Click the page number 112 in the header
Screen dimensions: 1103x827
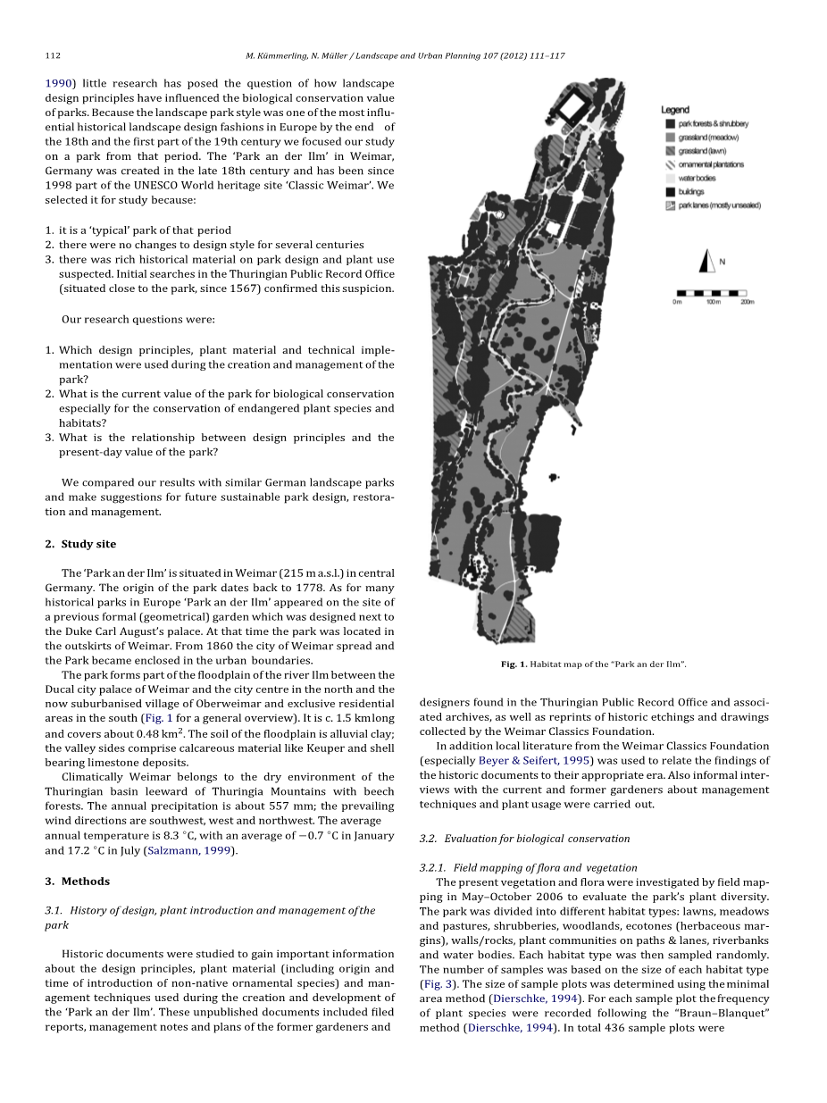[x=52, y=55]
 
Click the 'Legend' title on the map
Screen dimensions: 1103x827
[x=674, y=110]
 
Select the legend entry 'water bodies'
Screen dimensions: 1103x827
[x=697, y=178]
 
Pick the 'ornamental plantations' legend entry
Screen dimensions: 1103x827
[x=711, y=164]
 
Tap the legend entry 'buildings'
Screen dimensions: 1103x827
[x=691, y=191]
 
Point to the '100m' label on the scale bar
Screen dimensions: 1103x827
[x=713, y=302]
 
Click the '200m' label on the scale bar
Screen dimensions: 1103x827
[x=747, y=302]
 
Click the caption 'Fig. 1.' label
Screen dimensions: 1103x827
[x=514, y=664]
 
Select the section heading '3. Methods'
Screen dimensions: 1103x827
[x=77, y=882]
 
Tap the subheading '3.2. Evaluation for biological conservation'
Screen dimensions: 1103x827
[x=524, y=839]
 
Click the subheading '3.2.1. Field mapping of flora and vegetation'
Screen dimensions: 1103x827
[x=528, y=867]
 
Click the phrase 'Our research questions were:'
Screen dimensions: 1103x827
[x=138, y=319]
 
